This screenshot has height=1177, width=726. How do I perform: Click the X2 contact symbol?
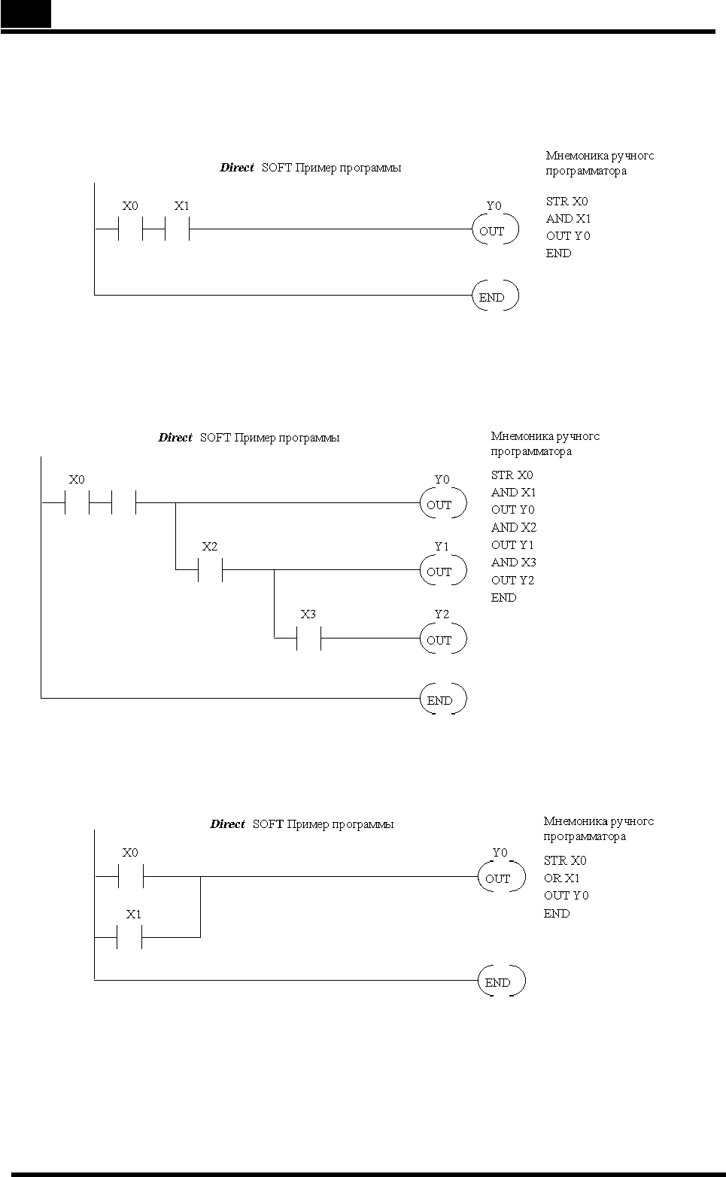point(211,569)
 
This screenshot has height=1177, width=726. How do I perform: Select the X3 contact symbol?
point(308,638)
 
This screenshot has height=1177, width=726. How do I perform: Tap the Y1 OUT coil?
point(442,570)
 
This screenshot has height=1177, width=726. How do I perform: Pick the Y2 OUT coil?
point(442,639)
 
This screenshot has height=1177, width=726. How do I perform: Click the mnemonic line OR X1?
point(561,878)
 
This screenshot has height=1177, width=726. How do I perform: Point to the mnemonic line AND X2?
point(514,527)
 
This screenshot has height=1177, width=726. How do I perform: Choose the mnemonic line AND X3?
point(514,563)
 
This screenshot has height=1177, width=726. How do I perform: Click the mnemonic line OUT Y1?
point(512,545)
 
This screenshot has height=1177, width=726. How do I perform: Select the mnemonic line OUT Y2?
point(512,580)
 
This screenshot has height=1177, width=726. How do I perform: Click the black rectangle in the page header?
point(26,14)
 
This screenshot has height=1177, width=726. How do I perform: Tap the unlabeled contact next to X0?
point(123,503)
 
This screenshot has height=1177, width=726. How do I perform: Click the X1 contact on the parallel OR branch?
point(129,937)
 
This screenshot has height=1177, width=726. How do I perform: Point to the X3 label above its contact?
point(308,614)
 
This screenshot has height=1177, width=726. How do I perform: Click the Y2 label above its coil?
point(442,614)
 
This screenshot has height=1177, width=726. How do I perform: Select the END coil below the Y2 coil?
point(442,699)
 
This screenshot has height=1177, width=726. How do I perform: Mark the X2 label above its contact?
point(210,547)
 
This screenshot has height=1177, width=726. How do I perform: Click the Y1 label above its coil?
point(442,547)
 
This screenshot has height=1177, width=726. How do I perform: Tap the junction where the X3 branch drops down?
point(275,569)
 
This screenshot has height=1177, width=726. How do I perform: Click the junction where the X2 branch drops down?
point(175,503)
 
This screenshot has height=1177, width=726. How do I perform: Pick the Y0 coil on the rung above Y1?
point(442,503)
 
